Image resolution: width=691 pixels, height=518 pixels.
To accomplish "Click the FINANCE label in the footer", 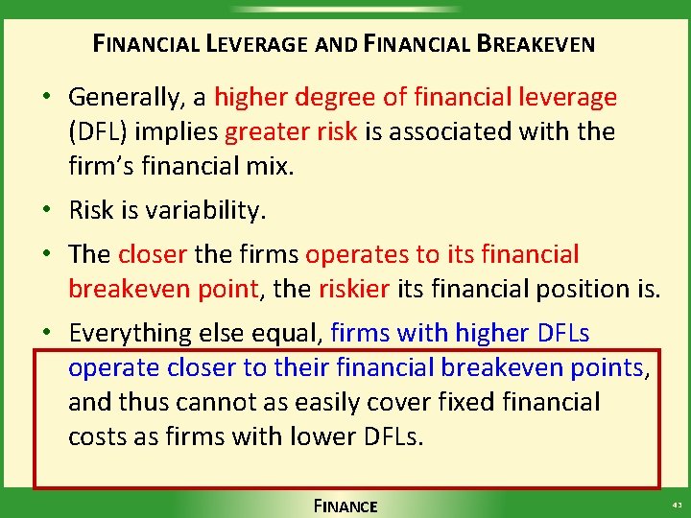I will click(345, 506).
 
